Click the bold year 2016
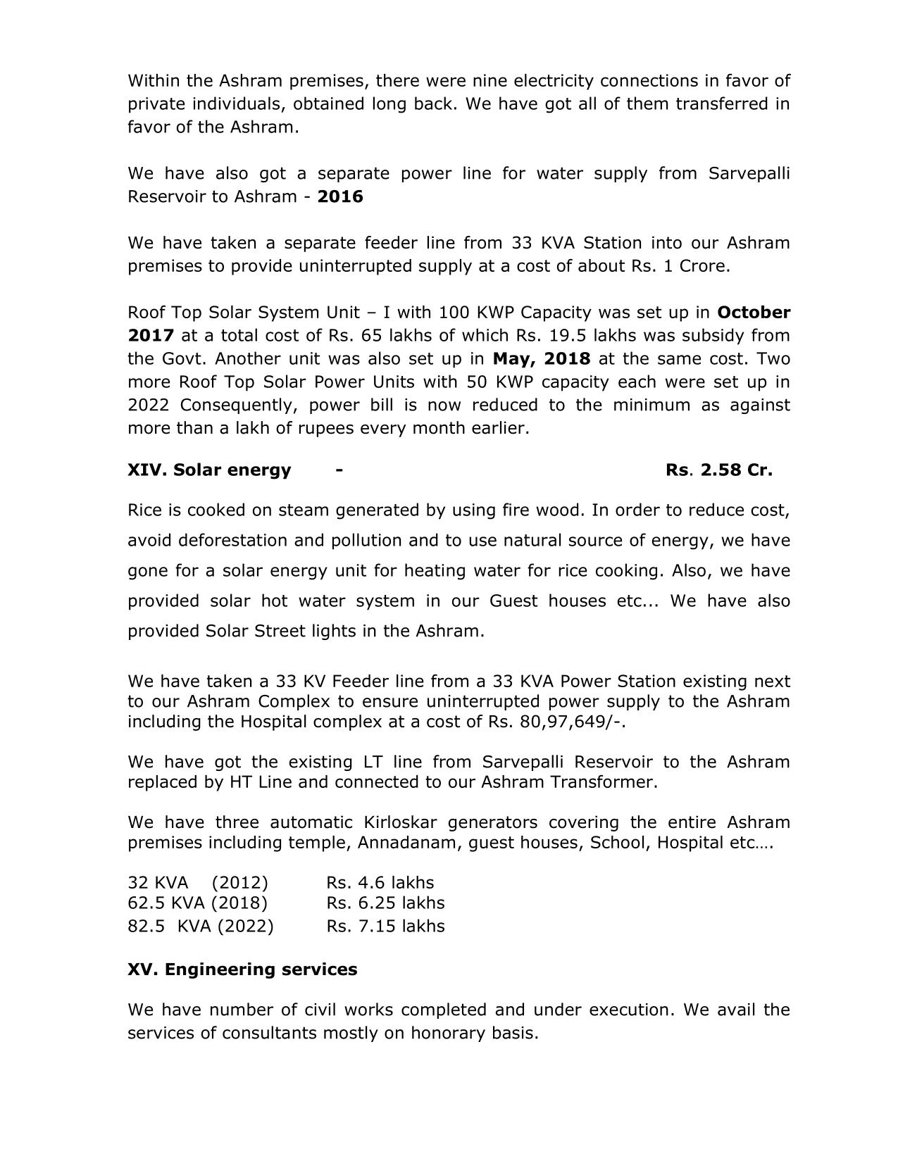340,196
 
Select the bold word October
754,312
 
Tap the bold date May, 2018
541,358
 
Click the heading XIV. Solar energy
209,470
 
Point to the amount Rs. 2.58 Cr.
718,470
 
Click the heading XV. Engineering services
242,969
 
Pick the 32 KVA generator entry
198,883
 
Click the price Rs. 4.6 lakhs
380,883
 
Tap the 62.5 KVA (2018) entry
198,903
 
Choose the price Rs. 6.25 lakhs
385,903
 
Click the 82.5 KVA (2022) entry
201,926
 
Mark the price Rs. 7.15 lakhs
385,926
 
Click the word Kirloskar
400,822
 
